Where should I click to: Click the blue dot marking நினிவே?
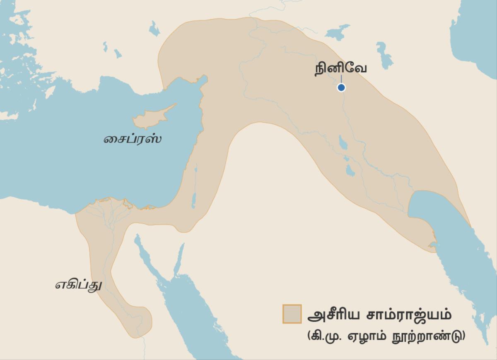coord(341,87)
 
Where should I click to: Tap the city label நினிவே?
coord(340,68)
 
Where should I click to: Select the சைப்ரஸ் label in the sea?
coord(132,139)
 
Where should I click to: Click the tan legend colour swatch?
coord(292,314)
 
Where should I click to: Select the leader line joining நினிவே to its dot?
coord(341,79)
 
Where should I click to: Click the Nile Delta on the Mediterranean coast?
coord(108,207)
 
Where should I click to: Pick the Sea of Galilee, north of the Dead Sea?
coord(195,170)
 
